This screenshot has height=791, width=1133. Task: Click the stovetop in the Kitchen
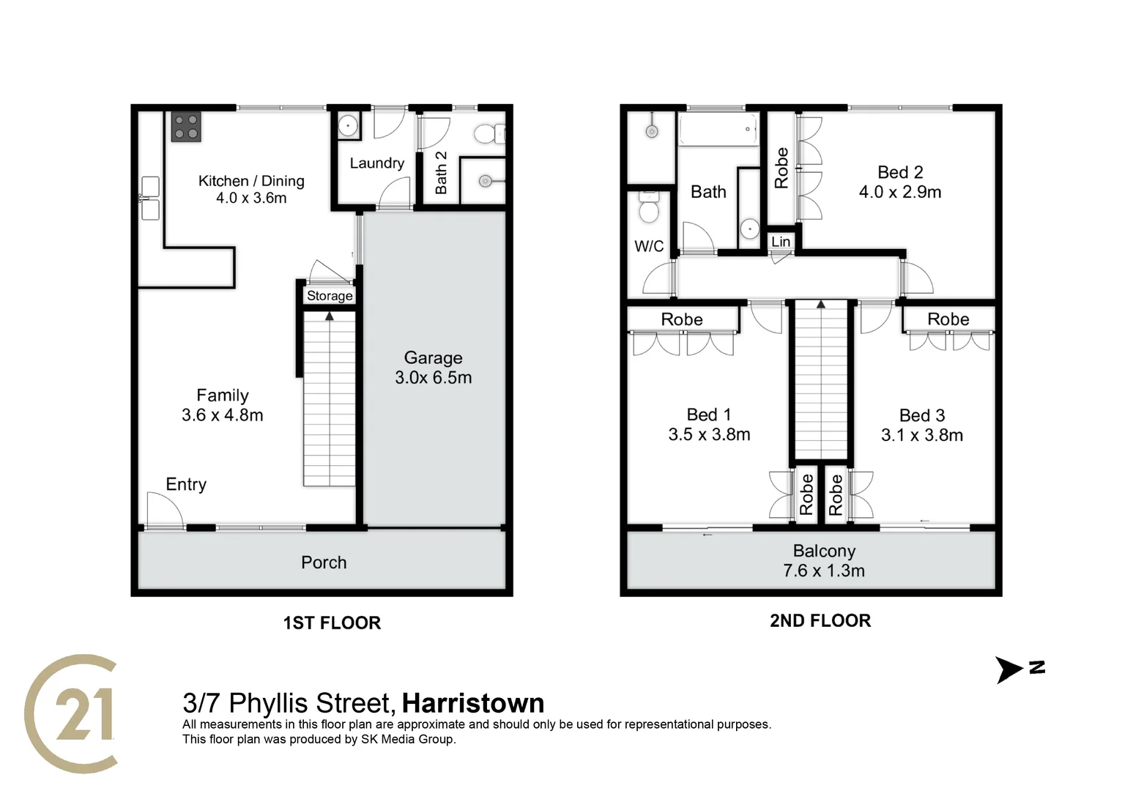[x=186, y=126]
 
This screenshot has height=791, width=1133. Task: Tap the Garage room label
[x=433, y=357]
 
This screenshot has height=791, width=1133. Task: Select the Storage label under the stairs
[x=330, y=296]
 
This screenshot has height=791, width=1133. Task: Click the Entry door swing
[x=164, y=509]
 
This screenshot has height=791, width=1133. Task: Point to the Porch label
[x=324, y=562]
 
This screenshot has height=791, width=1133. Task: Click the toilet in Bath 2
[x=489, y=133]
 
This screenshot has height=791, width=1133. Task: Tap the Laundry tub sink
[x=347, y=126]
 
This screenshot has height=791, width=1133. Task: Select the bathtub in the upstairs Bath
[x=718, y=130]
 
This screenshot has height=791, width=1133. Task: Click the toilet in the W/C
[x=649, y=207]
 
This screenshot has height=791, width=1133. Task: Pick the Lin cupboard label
[x=781, y=242]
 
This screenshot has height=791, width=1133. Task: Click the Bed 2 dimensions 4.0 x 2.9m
[x=900, y=192]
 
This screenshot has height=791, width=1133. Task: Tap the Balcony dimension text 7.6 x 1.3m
[x=824, y=571]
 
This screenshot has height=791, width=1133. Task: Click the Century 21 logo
[x=72, y=713]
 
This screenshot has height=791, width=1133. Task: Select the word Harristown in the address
[x=473, y=703]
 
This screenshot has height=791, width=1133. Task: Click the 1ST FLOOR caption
[x=332, y=623]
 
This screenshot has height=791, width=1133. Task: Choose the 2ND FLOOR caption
[x=820, y=620]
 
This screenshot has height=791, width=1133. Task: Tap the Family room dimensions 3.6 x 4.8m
[x=222, y=415]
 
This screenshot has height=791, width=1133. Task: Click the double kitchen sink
[x=150, y=198]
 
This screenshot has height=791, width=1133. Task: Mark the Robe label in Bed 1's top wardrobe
[x=682, y=319]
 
